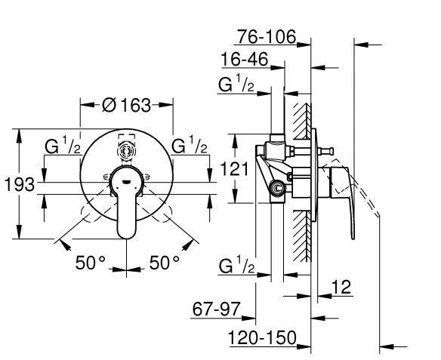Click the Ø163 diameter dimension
[127, 105]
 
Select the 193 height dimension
[20, 185]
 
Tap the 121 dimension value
[234, 168]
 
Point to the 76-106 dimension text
[267, 36]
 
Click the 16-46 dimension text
[245, 60]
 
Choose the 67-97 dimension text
[216, 309]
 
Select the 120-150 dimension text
[262, 337]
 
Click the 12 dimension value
[341, 287]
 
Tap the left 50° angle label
[91, 263]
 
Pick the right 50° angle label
[165, 263]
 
